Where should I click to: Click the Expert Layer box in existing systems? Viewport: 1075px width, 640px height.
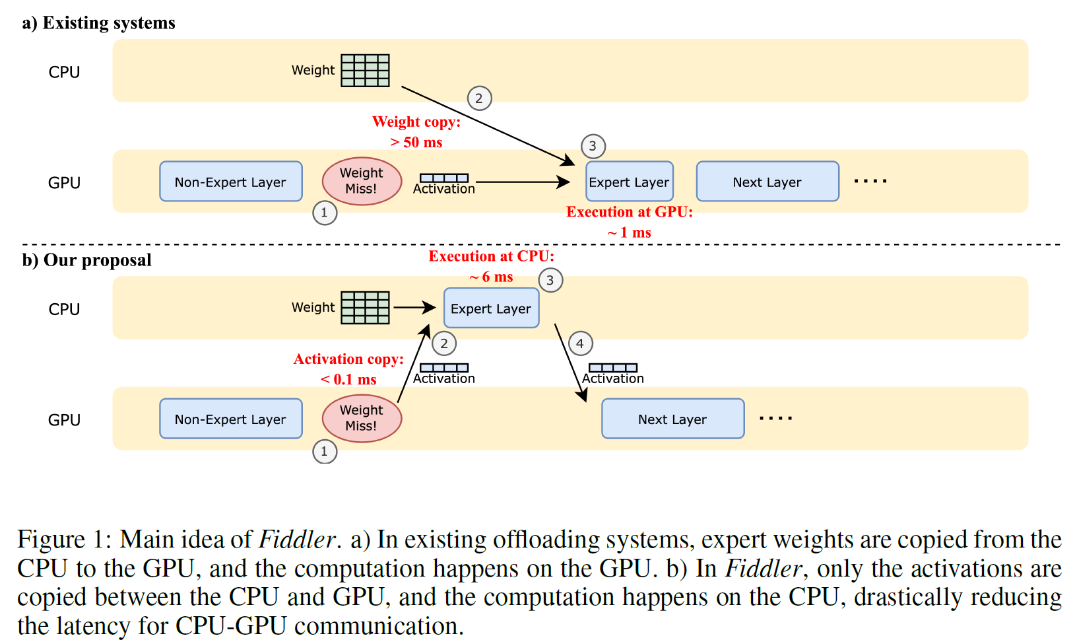(x=629, y=182)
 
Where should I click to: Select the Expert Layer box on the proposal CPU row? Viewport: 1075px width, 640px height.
(x=491, y=308)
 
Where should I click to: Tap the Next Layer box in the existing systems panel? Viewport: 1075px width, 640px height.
(x=767, y=182)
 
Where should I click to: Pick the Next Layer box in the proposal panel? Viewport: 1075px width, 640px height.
(x=672, y=419)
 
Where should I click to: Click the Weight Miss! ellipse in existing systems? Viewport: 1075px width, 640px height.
(x=362, y=181)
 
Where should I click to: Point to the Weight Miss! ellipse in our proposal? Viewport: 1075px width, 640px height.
(x=362, y=418)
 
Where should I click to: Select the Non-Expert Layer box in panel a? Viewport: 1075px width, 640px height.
(x=231, y=182)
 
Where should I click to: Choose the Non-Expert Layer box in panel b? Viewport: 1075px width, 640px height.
(x=231, y=419)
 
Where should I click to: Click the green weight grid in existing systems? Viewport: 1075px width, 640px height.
(x=365, y=71)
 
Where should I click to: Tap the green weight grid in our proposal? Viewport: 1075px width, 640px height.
(x=365, y=308)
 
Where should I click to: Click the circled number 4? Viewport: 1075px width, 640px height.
(x=580, y=343)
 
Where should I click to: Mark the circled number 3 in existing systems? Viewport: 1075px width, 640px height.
(x=593, y=146)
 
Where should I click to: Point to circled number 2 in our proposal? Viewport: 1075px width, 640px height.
(x=444, y=343)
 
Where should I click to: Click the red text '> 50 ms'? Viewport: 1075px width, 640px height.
(x=416, y=143)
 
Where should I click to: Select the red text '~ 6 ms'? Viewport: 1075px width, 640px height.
(x=492, y=277)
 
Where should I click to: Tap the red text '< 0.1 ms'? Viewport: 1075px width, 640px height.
(x=348, y=380)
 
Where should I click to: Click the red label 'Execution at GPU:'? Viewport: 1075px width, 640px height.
(x=630, y=212)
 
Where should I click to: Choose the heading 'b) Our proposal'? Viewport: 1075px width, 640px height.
(x=87, y=260)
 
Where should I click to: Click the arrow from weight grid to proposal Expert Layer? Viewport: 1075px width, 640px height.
(x=414, y=308)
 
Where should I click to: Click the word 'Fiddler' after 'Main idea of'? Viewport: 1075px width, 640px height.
(x=298, y=540)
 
